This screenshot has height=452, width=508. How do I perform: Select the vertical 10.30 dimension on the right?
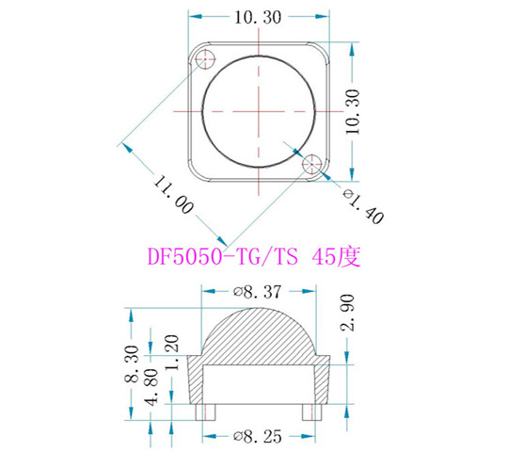pos(355,112)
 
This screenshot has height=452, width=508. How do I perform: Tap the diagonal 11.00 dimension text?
pos(171,189)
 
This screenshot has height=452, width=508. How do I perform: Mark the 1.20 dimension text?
pos(171,349)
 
